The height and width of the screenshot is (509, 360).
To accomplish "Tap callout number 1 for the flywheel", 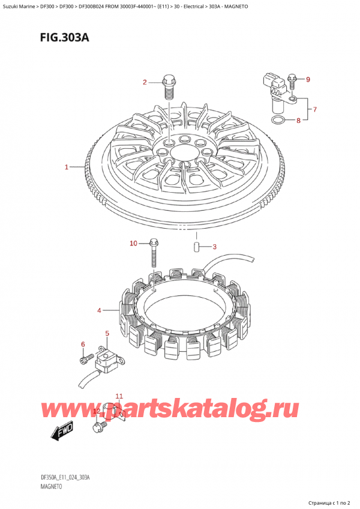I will point(67,167).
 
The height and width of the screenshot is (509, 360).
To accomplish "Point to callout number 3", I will point(214,246).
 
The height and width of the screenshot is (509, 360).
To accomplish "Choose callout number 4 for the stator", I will point(98,310).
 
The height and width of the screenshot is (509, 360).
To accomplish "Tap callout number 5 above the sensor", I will point(107,333).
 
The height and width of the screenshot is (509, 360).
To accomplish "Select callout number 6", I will point(83,344).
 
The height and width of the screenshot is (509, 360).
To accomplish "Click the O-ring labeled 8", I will point(277,121).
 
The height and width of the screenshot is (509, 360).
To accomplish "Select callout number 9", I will point(308,79).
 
